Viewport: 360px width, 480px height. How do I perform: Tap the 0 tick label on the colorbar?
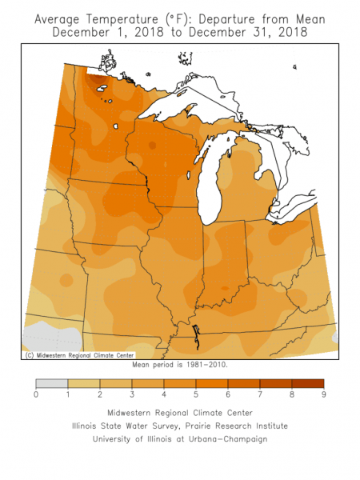36,394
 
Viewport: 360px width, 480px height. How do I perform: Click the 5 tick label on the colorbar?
196,394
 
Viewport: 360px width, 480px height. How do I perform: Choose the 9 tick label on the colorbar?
324,394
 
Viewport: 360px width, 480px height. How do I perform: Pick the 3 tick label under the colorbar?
132,394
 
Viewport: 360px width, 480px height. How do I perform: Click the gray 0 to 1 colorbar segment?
52,382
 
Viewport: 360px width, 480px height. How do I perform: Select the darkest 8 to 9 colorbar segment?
308,382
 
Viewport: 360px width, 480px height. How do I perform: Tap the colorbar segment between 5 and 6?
212,382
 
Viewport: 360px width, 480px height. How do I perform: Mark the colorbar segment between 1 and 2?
84,382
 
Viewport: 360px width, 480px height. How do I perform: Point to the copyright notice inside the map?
79,354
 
